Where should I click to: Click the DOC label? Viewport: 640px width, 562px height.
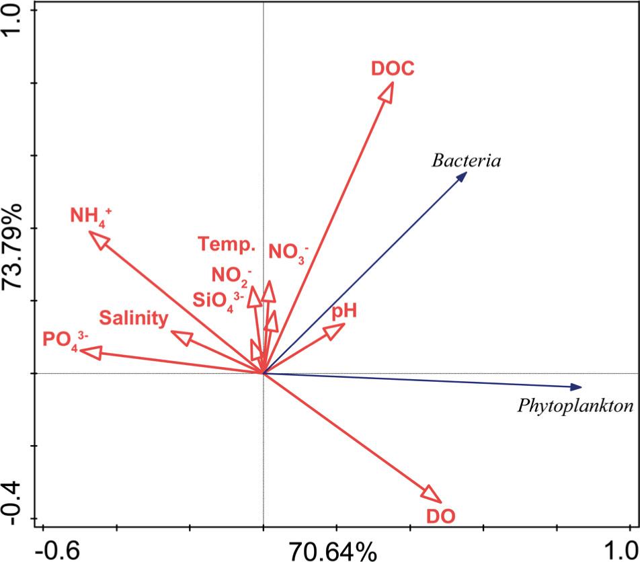[392, 69]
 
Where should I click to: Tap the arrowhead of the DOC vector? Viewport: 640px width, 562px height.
[387, 91]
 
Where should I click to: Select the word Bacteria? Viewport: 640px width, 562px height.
[467, 161]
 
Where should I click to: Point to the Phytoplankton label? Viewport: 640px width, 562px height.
[575, 406]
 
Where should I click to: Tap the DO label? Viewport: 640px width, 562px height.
[441, 516]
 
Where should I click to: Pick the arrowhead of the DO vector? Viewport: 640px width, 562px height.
[433, 495]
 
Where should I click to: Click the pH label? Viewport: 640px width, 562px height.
[343, 311]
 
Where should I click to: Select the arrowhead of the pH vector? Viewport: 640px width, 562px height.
[335, 329]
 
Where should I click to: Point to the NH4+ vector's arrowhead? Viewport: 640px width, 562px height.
[97, 239]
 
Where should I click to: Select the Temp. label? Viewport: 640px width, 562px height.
[227, 244]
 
